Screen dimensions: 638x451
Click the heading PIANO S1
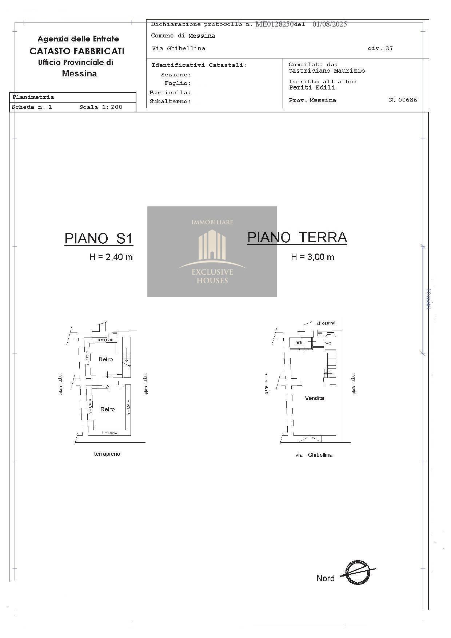point(99,239)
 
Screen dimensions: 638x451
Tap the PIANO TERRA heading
point(297,238)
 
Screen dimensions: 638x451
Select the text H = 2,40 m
point(111,257)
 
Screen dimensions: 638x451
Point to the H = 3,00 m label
point(312,257)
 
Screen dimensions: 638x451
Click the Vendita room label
point(314,398)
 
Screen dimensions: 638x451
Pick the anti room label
point(299,343)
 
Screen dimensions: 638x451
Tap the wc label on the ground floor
point(328,343)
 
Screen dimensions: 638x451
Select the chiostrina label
point(326,323)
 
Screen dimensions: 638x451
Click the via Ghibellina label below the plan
point(314,455)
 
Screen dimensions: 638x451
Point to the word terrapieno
point(107,454)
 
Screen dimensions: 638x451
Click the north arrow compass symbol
point(357,573)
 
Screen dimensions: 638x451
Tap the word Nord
point(325,578)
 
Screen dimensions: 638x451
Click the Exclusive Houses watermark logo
point(212,251)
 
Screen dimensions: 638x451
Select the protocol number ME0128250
point(274,24)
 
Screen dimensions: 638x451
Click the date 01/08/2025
point(330,24)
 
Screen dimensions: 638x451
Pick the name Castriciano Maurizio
point(327,71)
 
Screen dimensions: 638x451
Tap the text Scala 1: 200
point(101,107)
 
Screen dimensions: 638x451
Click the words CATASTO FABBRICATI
point(77,51)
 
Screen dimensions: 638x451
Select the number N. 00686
point(403,100)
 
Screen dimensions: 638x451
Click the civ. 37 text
point(380,48)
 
